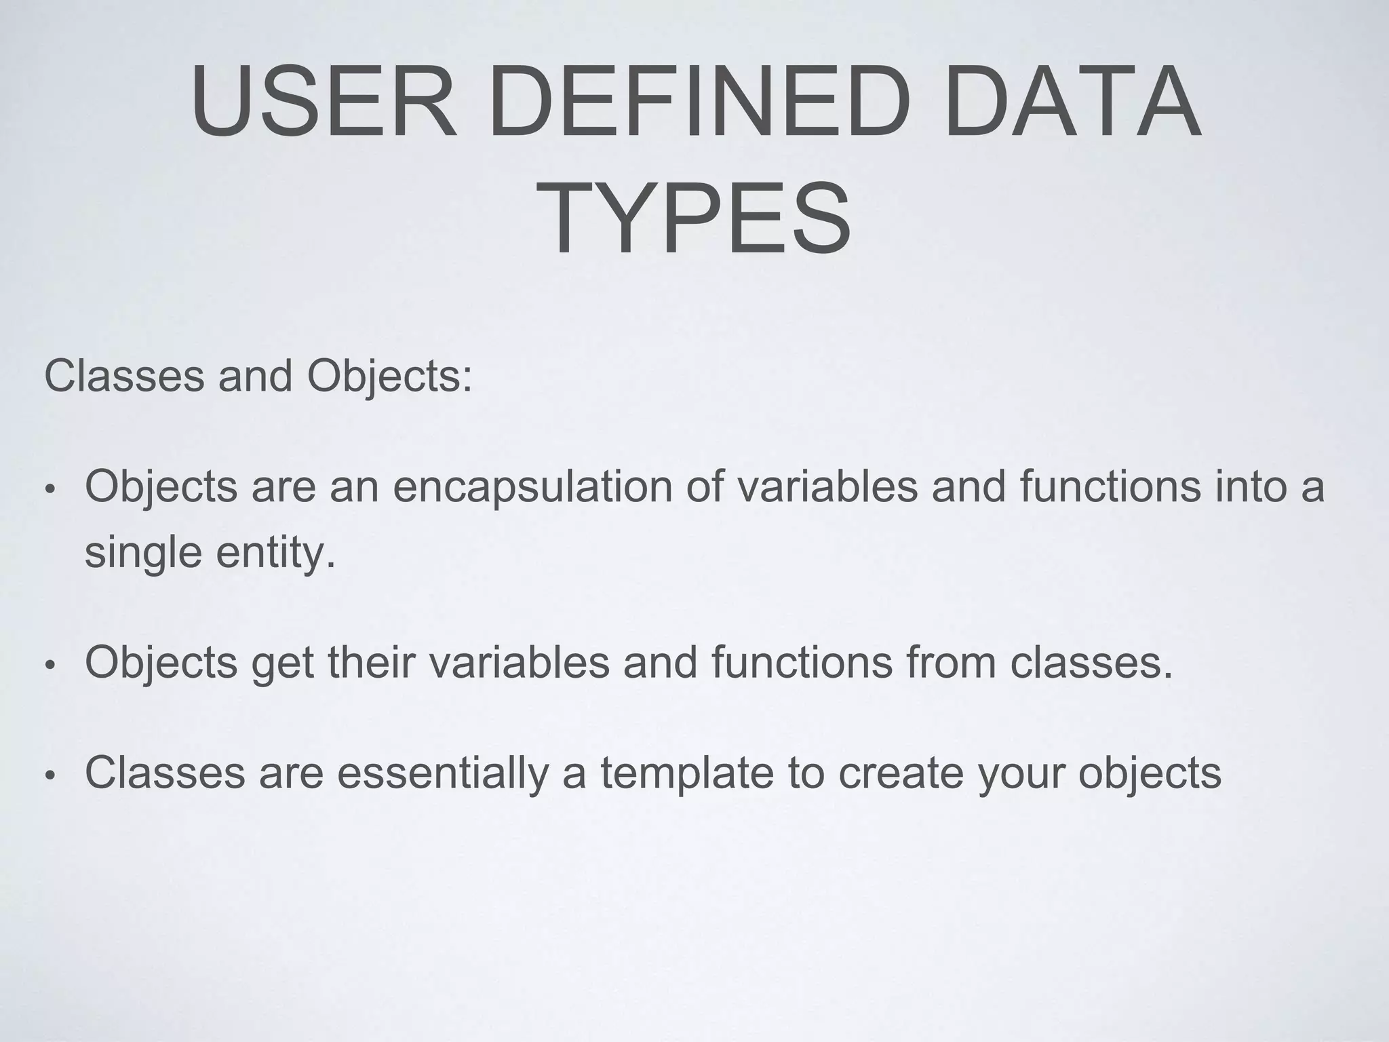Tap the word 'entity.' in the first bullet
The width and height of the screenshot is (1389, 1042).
coord(275,552)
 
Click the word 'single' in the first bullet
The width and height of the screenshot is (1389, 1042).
coord(143,552)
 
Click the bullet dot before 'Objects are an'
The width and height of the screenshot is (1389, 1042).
coord(48,490)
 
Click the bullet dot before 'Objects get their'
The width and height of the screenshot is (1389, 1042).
coord(48,665)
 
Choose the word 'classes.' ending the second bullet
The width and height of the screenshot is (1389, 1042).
coord(1091,663)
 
